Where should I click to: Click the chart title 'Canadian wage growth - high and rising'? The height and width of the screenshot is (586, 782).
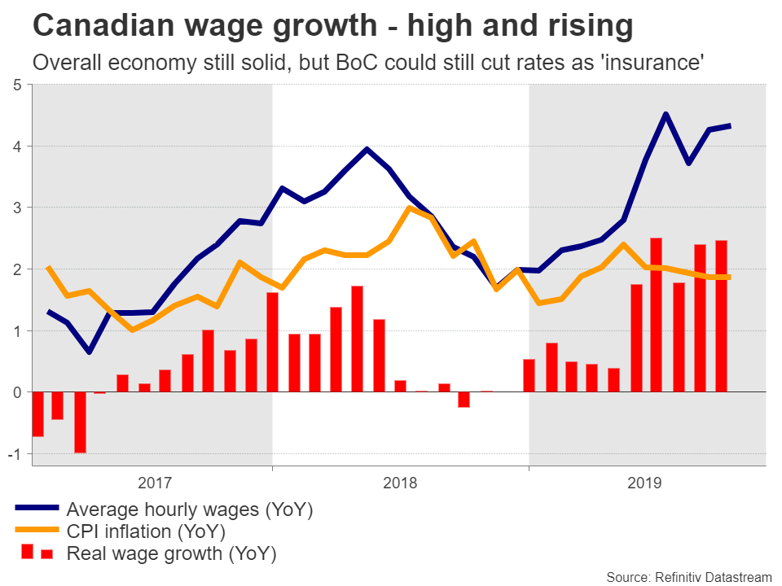[x=332, y=27]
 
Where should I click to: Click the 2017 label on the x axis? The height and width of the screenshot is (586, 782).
[x=155, y=483]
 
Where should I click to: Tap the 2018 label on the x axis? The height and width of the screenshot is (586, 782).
[x=399, y=483]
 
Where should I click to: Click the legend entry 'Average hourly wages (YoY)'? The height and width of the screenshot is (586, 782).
[x=189, y=510]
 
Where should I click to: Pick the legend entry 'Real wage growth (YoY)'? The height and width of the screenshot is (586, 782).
[x=171, y=554]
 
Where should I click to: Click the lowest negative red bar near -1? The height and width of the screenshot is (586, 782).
[x=80, y=422]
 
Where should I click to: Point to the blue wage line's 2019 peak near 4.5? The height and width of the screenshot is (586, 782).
[x=666, y=115]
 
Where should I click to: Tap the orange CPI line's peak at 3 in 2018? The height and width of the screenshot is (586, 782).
[x=409, y=208]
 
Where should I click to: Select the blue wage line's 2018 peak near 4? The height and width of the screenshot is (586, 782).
[x=367, y=149]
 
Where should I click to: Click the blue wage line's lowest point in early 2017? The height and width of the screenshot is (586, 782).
[x=89, y=352]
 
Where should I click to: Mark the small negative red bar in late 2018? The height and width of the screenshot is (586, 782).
[x=463, y=400]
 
